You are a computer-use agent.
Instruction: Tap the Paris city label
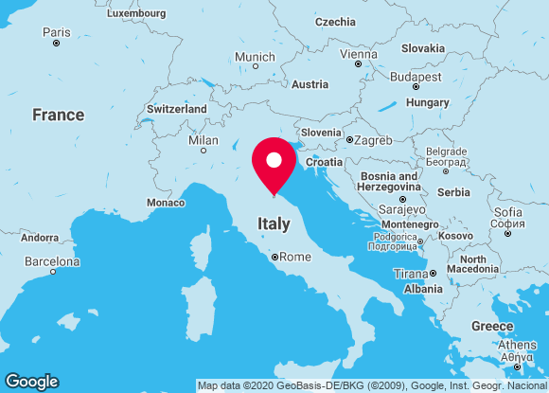[56, 31]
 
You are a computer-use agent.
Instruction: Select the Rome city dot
[274, 257]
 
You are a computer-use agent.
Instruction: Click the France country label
[58, 115]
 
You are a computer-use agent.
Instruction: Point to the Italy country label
[274, 224]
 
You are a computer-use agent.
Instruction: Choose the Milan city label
[204, 140]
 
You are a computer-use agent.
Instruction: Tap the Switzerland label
[177, 109]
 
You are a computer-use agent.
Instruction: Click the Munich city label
[255, 57]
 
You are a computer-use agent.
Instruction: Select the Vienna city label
[359, 54]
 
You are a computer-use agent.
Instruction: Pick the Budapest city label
[416, 77]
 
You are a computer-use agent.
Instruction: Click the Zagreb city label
[373, 140]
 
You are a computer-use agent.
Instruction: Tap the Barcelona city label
[52, 260]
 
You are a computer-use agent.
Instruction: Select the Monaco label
[166, 203]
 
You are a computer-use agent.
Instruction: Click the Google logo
[31, 381]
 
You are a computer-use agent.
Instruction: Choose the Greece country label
[492, 326]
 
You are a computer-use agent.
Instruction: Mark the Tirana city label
[410, 274]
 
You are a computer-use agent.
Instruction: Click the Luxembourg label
[136, 13]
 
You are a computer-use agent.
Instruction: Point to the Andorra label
[40, 238]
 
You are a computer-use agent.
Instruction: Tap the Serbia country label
[453, 192]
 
